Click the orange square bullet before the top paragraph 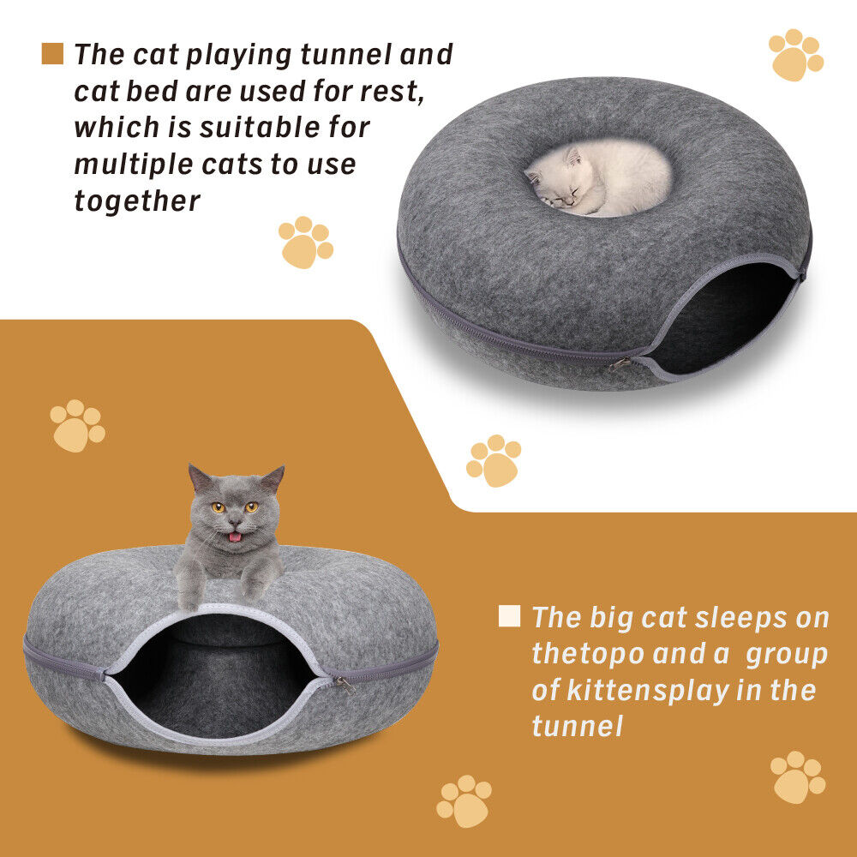coord(52,54)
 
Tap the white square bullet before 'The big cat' coord(509,616)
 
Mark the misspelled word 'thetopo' coord(587,654)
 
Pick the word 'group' coord(787,654)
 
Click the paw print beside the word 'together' coord(304,241)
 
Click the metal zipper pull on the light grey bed coord(344,684)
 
